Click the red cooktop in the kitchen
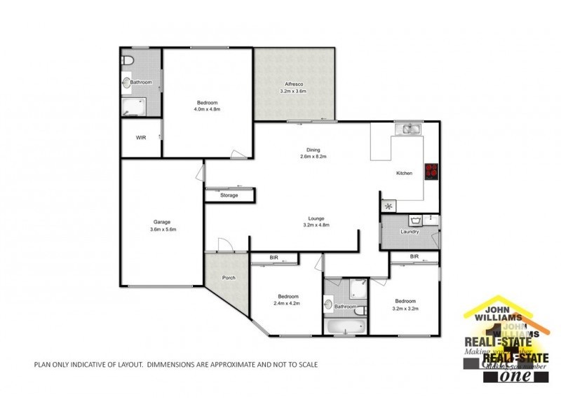[x=431, y=170]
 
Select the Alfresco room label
[x=293, y=83]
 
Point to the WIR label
[x=140, y=138]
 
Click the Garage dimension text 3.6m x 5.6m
[x=162, y=230]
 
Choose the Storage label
[x=229, y=195]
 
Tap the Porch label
[x=229, y=278]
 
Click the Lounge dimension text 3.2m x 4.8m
[x=315, y=225]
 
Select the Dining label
[x=313, y=148]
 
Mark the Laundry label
[x=410, y=232]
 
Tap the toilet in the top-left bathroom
[x=128, y=62]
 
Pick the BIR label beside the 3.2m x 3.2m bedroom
[x=414, y=257]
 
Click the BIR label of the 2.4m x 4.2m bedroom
[x=274, y=258]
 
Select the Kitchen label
[x=405, y=173]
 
